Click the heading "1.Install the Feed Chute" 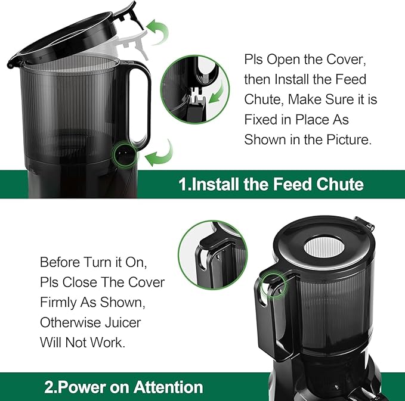pyautogui.click(x=271, y=183)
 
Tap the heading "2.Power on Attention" pyautogui.click(x=123, y=387)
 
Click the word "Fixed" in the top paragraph pyautogui.click(x=261, y=120)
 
